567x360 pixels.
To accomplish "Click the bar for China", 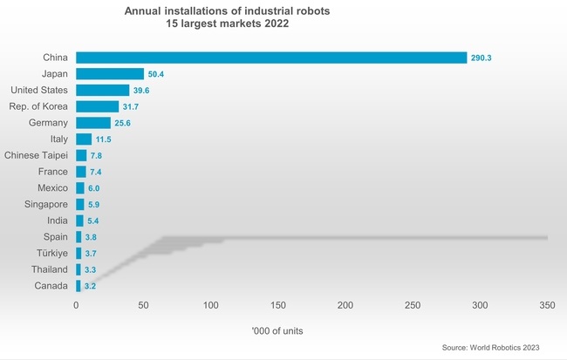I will click(x=271, y=58).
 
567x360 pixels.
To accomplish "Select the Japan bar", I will click(x=110, y=74).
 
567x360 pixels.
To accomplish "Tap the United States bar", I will click(x=102, y=90).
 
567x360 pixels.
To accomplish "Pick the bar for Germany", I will click(x=93, y=123).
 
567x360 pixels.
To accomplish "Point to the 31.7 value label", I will click(x=131, y=107).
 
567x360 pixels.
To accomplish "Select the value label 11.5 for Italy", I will click(x=104, y=139).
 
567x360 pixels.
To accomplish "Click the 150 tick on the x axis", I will click(x=278, y=305).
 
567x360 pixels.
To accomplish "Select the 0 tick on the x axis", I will click(x=76, y=305).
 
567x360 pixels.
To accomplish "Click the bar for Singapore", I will click(x=80, y=204).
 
